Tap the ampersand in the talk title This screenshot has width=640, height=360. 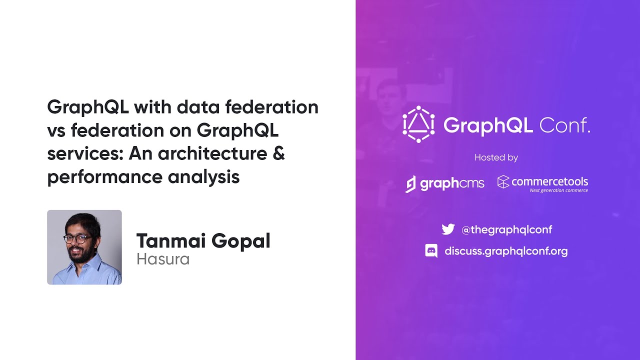[x=279, y=153]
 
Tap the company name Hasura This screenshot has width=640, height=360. [x=163, y=259]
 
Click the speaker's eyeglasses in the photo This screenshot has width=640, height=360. [x=78, y=238]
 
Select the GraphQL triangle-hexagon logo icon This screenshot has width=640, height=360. [x=418, y=124]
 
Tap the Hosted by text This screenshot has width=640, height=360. [x=496, y=157]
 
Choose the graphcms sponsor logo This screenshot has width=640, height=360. [x=444, y=183]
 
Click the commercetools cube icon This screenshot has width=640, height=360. [x=503, y=182]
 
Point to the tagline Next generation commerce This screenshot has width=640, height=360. [x=558, y=190]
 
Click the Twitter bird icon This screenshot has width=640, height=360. [x=448, y=229]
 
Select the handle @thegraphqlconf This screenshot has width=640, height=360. [x=506, y=230]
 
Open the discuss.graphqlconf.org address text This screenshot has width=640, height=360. [x=506, y=251]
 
